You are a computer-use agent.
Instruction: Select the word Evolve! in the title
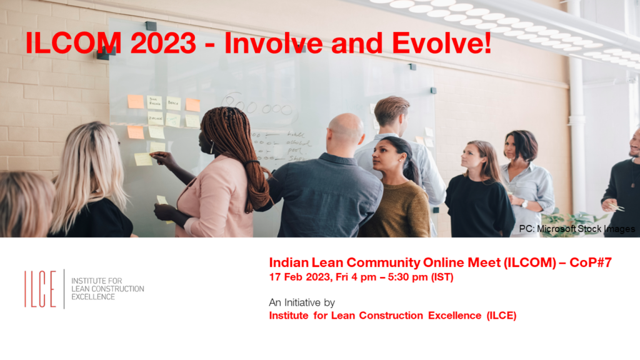point(443,43)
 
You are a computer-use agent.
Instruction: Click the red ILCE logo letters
point(40,289)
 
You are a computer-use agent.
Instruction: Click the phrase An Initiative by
point(302,302)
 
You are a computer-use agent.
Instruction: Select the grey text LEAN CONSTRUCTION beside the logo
point(107,289)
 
